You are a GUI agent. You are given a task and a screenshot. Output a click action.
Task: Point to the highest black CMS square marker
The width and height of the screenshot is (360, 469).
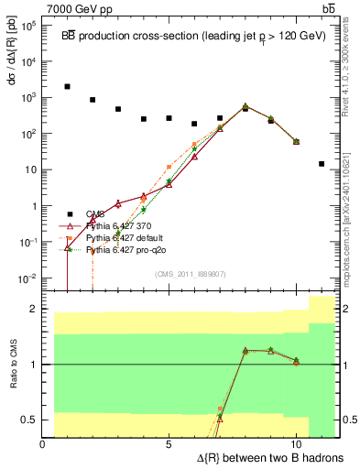click(68, 87)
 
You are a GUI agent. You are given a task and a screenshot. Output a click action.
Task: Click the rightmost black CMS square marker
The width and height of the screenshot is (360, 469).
click(322, 164)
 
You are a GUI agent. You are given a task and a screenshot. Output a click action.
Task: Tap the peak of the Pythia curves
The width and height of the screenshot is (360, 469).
click(245, 106)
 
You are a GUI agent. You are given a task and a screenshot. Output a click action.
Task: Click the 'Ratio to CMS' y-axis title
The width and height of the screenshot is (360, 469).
click(11, 365)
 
